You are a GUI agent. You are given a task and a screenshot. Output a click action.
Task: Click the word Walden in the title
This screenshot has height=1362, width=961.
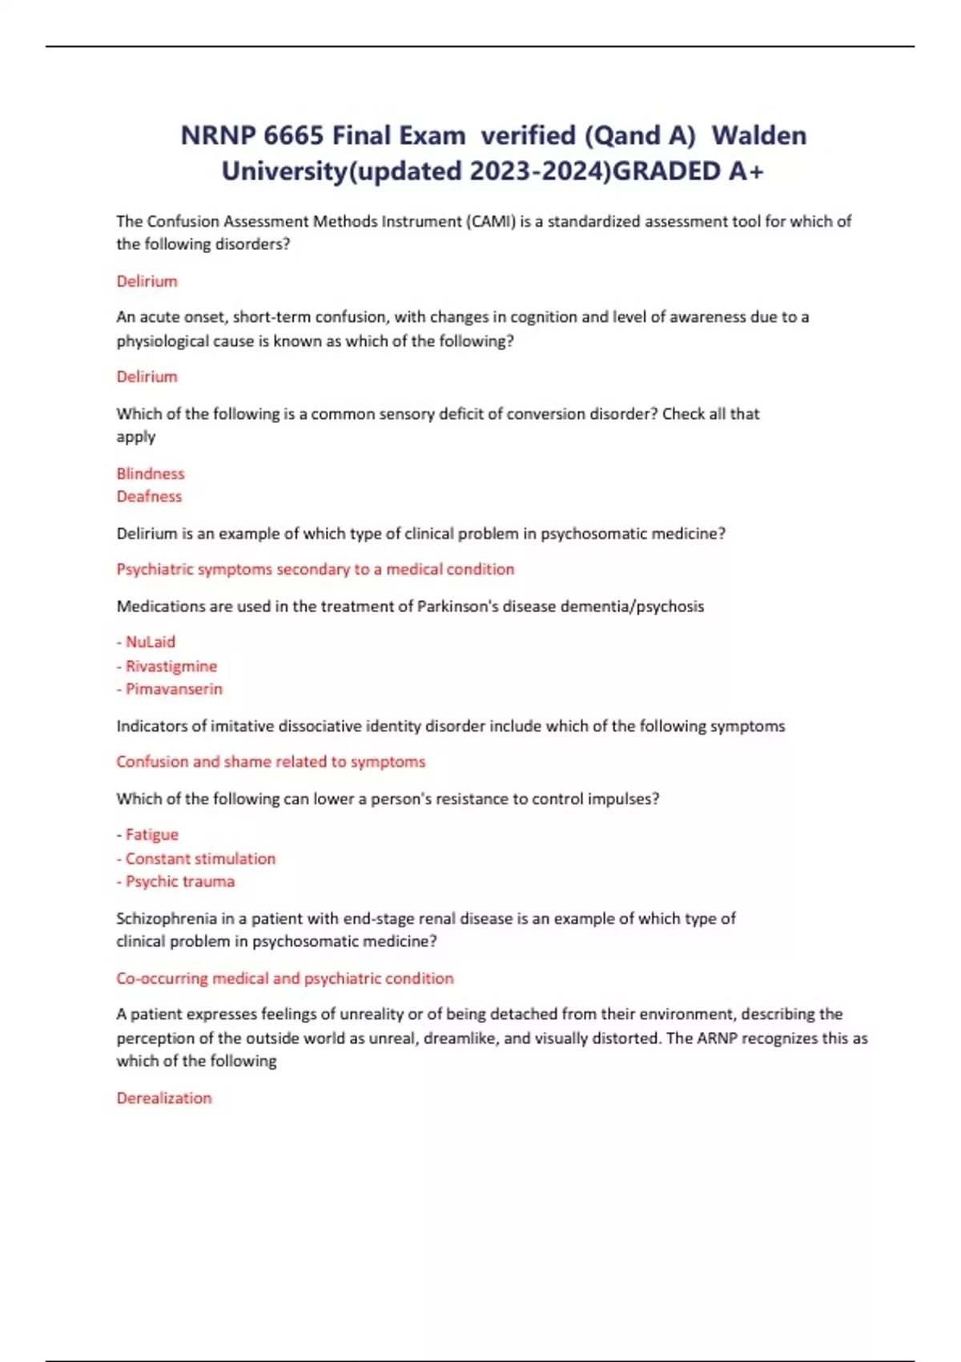(758, 135)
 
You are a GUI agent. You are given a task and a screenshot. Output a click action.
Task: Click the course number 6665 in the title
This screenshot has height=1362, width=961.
(293, 135)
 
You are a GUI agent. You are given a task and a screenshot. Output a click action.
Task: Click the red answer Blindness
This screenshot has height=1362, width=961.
(151, 473)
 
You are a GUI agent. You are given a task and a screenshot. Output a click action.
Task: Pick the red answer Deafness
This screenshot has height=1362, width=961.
(149, 497)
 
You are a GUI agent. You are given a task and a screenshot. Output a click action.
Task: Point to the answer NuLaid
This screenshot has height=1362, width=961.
(150, 642)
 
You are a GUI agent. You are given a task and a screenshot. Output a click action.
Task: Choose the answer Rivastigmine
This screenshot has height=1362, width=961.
(171, 666)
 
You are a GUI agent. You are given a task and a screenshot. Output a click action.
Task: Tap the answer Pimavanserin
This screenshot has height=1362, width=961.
(174, 689)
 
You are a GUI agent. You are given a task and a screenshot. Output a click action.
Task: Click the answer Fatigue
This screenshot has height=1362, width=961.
(151, 835)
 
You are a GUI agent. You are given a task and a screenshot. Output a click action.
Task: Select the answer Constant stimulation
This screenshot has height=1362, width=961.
(200, 859)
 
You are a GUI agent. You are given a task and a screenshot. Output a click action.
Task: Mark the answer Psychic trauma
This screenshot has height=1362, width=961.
(179, 881)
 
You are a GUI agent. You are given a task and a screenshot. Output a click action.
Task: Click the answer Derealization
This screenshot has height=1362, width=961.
(164, 1098)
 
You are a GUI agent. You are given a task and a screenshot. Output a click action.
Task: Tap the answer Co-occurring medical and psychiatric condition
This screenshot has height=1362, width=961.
(285, 978)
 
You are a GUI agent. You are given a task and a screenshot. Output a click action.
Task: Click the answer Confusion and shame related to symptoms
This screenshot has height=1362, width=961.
(271, 762)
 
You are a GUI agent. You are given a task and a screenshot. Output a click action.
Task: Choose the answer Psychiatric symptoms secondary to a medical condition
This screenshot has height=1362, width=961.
(316, 570)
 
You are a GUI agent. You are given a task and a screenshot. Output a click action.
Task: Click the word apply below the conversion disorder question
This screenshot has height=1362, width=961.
(136, 437)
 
